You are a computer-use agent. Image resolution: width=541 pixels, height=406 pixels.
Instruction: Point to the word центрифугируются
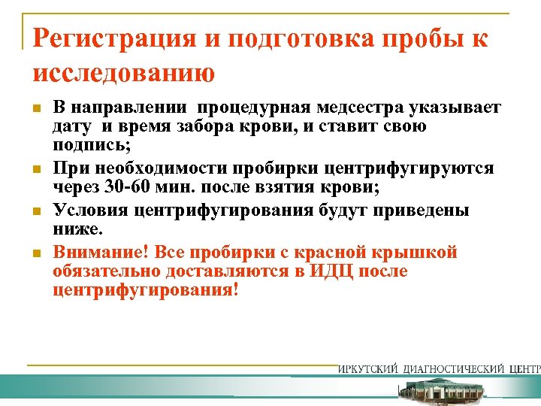[x=419, y=167]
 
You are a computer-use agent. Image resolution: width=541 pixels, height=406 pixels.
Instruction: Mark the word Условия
[x=86, y=211]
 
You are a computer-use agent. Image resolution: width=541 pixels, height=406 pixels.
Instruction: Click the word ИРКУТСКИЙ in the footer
[x=370, y=369]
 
